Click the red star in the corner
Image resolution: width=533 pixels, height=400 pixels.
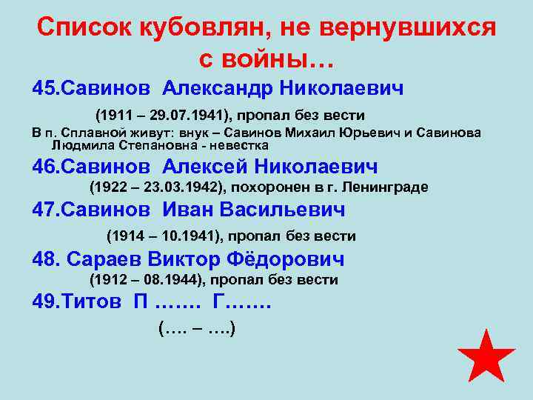pos(486,356)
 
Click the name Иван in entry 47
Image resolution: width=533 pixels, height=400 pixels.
pos(186,210)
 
